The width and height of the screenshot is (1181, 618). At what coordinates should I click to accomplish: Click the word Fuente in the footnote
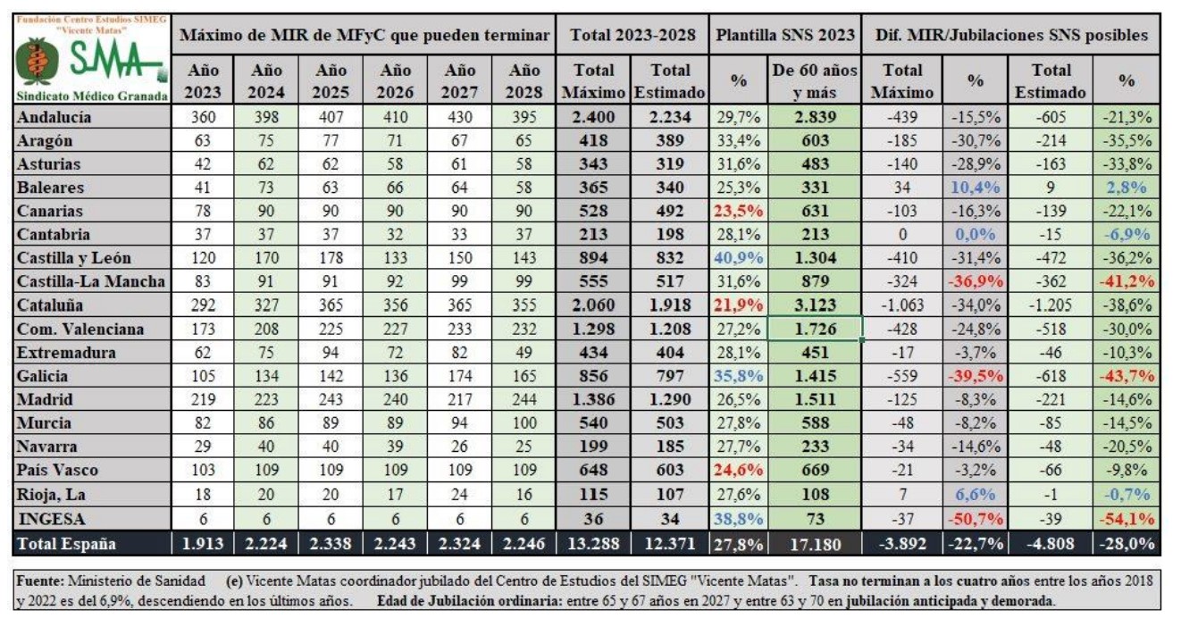(x=38, y=582)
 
